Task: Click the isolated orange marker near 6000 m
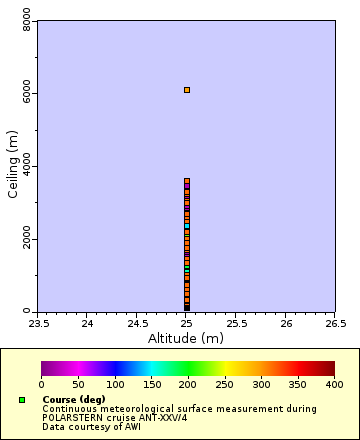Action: (x=187, y=90)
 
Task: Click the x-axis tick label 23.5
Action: (x=38, y=323)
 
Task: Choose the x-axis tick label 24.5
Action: (x=137, y=323)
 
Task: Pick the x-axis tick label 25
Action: (x=187, y=323)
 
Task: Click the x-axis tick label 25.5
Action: (x=237, y=323)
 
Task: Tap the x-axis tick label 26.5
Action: (x=336, y=323)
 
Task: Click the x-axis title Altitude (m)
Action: (x=187, y=338)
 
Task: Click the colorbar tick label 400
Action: (x=334, y=384)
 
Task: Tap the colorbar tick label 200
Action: (x=188, y=384)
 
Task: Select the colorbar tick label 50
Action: (x=78, y=384)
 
